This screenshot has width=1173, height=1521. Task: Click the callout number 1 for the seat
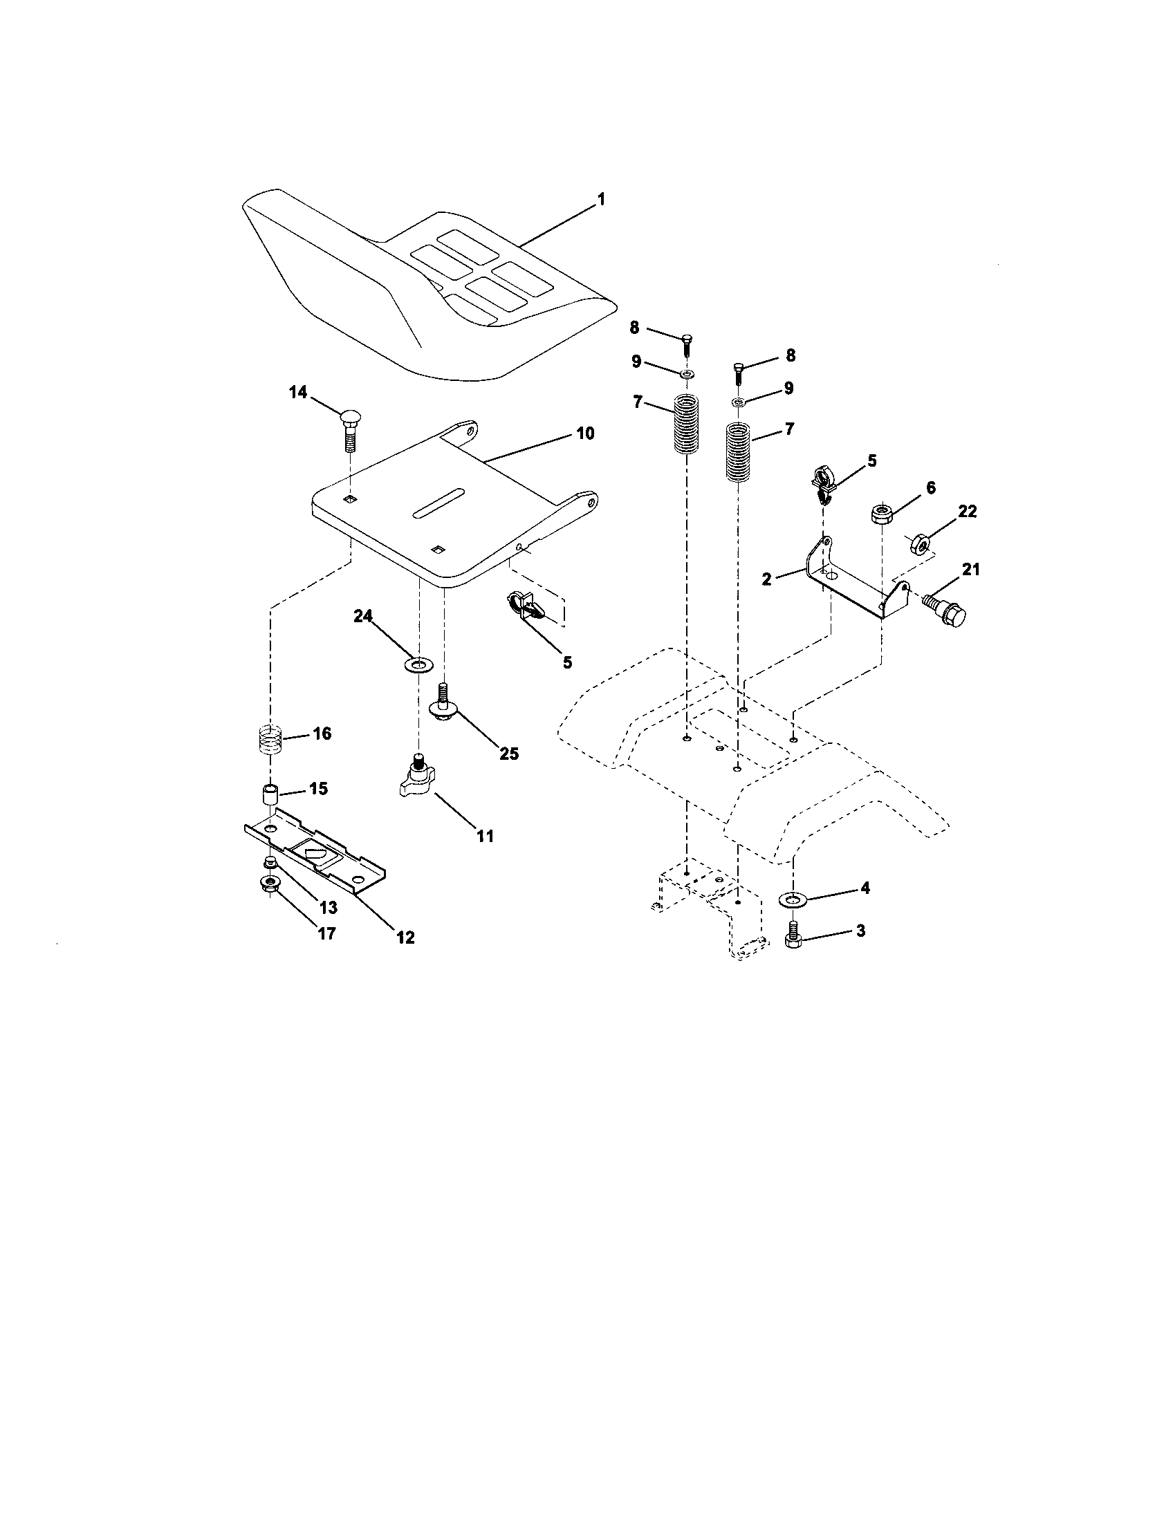(600, 200)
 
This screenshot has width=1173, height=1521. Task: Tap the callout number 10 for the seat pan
(585, 433)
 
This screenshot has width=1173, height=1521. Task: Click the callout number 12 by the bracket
(405, 937)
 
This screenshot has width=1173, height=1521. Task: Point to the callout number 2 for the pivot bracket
(767, 579)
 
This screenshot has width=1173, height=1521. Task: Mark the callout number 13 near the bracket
(327, 908)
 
